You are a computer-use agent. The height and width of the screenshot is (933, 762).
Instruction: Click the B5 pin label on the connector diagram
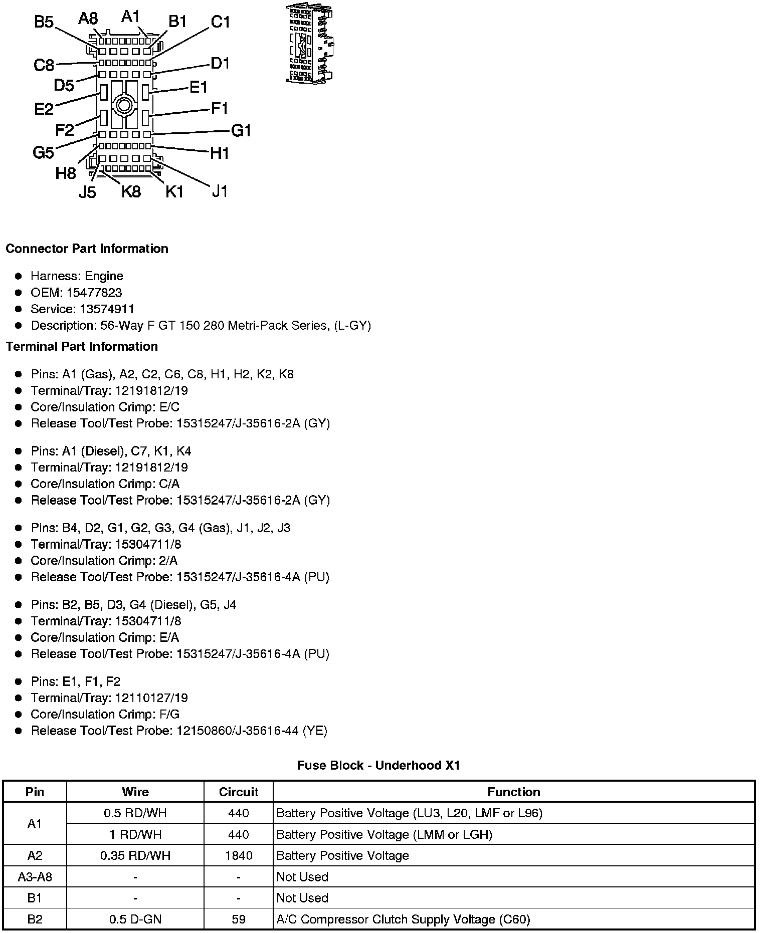click(x=44, y=22)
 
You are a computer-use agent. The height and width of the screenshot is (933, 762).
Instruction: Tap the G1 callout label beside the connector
click(x=241, y=131)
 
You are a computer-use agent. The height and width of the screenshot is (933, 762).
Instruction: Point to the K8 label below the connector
click(x=131, y=191)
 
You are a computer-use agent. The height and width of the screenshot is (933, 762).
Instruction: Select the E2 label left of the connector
click(x=44, y=109)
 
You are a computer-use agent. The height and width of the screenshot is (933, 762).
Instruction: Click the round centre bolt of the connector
click(x=123, y=106)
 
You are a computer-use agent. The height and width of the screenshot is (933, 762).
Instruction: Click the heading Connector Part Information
click(x=87, y=249)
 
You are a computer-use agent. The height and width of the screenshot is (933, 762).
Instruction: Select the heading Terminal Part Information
click(x=82, y=347)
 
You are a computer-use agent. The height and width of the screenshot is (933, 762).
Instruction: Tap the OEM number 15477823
click(x=94, y=293)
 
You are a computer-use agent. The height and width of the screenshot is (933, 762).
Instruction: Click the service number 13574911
click(x=107, y=309)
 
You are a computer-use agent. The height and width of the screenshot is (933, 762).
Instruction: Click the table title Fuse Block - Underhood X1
click(x=378, y=765)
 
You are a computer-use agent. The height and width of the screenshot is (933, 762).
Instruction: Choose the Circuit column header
click(x=238, y=792)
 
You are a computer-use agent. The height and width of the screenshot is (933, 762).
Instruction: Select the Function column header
click(x=514, y=792)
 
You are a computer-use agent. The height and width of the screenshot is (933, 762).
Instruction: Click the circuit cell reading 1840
click(x=238, y=855)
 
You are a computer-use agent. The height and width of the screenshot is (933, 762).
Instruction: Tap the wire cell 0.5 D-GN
click(x=135, y=919)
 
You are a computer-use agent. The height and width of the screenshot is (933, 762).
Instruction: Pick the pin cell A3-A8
click(x=35, y=877)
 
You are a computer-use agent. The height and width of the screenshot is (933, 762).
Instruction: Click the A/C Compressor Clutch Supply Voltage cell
click(x=403, y=919)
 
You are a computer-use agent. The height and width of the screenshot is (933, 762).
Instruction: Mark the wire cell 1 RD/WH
click(x=135, y=834)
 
